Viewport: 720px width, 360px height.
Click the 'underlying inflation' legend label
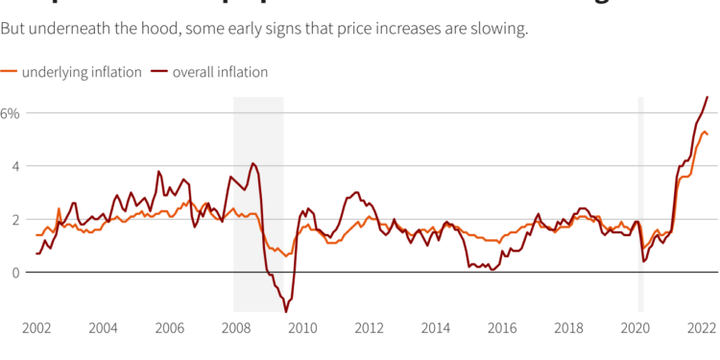point(82,72)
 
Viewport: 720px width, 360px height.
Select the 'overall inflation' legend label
point(220,72)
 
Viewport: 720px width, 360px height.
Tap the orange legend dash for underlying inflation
point(9,72)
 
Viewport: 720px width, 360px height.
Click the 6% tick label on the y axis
point(10,113)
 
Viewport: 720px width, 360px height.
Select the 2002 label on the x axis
point(36,328)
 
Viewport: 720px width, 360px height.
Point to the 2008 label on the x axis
point(236,328)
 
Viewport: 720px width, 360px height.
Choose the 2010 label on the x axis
point(302,328)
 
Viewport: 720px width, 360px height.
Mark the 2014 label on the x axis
point(436,328)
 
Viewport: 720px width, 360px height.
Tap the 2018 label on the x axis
point(569,328)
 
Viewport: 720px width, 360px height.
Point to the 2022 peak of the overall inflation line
point(708,97)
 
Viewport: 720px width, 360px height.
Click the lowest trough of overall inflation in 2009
point(286,311)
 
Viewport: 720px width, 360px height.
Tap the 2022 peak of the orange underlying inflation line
point(704,132)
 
